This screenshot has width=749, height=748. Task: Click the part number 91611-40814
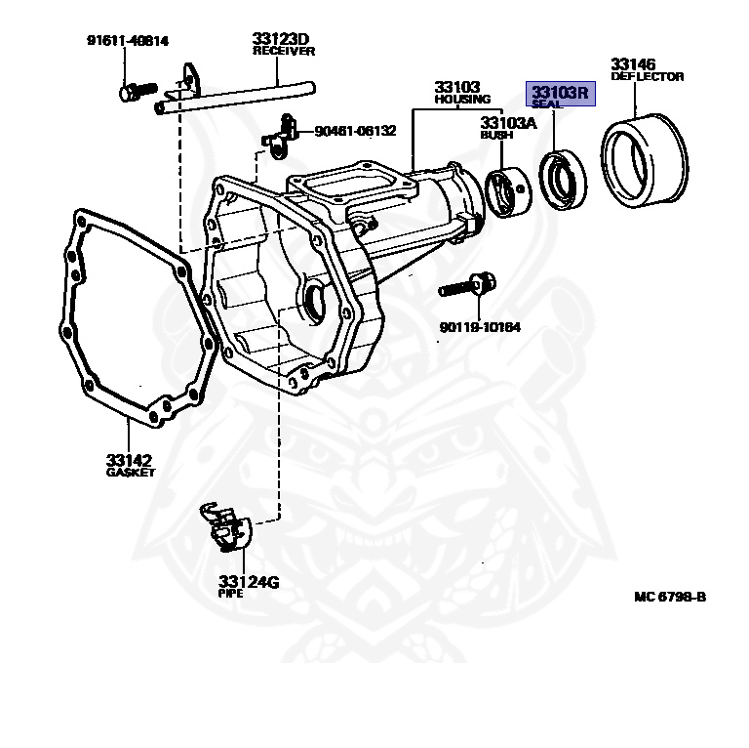point(128,41)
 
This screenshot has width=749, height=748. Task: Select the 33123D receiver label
point(283,45)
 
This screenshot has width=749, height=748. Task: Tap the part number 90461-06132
point(355,131)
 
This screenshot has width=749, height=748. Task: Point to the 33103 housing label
point(462,93)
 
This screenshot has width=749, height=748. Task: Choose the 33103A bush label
point(508,128)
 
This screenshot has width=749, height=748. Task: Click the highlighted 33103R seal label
point(561,94)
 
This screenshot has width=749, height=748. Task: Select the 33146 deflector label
point(648,70)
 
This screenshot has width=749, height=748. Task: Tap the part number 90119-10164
point(480,327)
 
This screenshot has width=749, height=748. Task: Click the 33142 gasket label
point(131,466)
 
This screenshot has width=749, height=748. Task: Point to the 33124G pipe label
point(249,586)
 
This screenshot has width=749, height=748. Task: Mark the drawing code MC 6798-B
point(670,597)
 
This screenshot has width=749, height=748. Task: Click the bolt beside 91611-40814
point(138,91)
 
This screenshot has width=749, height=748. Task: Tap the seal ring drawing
point(563,181)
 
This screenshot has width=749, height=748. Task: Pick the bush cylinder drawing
point(508,192)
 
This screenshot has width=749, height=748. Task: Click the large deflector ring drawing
point(645,161)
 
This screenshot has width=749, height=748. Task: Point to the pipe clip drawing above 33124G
point(225,526)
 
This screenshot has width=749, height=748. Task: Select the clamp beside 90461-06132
point(280,138)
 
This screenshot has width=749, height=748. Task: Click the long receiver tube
point(235,99)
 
